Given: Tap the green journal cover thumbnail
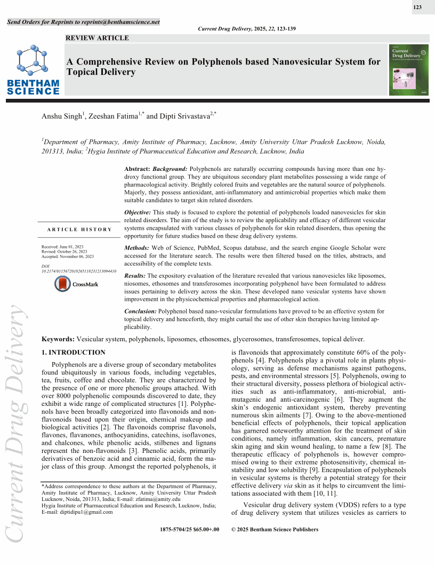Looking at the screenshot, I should coord(408,70).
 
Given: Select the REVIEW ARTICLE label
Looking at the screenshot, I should coord(97,38).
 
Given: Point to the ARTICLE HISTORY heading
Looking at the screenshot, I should coord(79,229).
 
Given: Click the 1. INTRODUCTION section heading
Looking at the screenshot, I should coord(74,352).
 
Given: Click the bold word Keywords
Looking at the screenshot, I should coord(58,339).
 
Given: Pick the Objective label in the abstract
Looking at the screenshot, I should coord(138,212).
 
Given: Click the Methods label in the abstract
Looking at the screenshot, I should coord(136,248).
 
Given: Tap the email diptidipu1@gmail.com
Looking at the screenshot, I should coord(86,512).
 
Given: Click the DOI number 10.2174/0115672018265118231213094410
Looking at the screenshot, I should coord(78,271).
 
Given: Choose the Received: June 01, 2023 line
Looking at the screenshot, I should coord(62,247).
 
